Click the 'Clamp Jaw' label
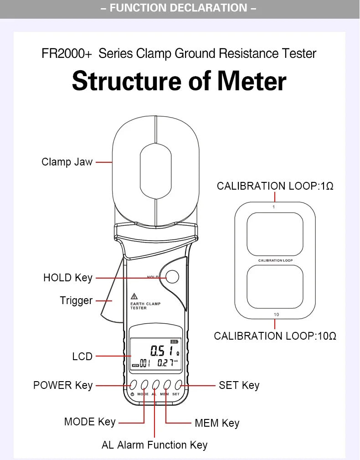pyautogui.click(x=67, y=162)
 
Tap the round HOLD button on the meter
pyautogui.click(x=173, y=276)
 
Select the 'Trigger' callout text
pyautogui.click(x=76, y=300)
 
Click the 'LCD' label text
pyautogui.click(x=82, y=357)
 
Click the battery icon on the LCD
pyautogui.click(x=175, y=341)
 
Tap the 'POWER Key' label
pyautogui.click(x=63, y=385)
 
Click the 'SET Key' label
pyautogui.click(x=239, y=385)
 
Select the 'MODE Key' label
pyautogui.click(x=90, y=422)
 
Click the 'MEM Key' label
pyautogui.click(x=217, y=423)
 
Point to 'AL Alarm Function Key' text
pyautogui.click(x=154, y=445)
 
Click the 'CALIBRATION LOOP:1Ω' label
pyautogui.click(x=275, y=186)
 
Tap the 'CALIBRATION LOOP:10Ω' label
pyautogui.click(x=275, y=336)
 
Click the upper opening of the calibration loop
pyautogui.click(x=275, y=234)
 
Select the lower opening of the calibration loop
pyautogui.click(x=275, y=287)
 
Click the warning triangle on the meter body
pyautogui.click(x=134, y=296)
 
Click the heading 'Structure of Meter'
pyautogui.click(x=179, y=81)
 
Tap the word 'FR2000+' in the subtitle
pyautogui.click(x=67, y=54)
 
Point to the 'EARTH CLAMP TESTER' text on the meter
pyautogui.click(x=145, y=306)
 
